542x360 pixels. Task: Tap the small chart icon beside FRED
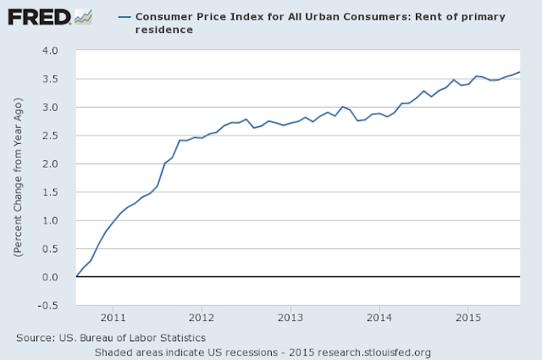pyautogui.click(x=83, y=16)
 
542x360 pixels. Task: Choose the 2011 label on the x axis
pyautogui.click(x=113, y=318)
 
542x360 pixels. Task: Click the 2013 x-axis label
pyautogui.click(x=290, y=318)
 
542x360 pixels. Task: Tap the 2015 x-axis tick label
pyautogui.click(x=467, y=318)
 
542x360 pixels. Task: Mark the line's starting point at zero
pyautogui.click(x=77, y=277)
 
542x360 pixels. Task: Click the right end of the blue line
pyautogui.click(x=520, y=72)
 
